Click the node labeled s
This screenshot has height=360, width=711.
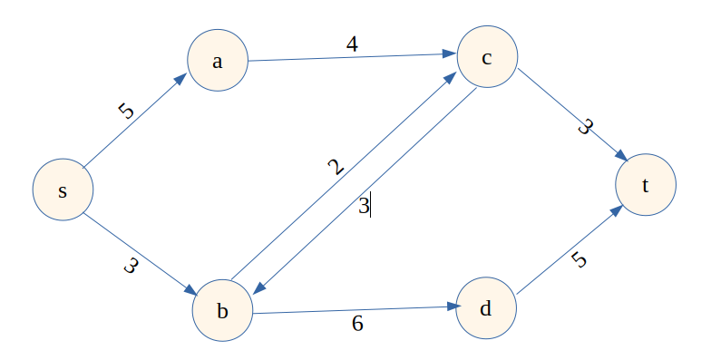click(x=63, y=191)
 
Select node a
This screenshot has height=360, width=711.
click(x=217, y=61)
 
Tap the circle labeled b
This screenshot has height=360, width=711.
click(x=222, y=311)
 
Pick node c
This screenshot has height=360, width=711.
click(x=487, y=58)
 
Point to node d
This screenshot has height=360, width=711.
click(x=486, y=308)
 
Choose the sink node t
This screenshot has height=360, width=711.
click(x=646, y=186)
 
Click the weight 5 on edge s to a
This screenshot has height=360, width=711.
click(x=126, y=112)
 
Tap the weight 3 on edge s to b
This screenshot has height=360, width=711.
click(x=130, y=268)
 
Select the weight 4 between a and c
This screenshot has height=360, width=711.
click(x=351, y=44)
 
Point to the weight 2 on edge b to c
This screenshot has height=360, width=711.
click(x=336, y=167)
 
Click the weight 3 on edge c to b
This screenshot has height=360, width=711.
click(x=363, y=207)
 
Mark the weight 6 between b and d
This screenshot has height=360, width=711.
click(x=357, y=323)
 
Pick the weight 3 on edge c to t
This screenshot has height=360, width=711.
click(x=584, y=128)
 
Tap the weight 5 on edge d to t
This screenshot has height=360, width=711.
click(x=580, y=260)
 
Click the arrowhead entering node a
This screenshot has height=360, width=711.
click(x=180, y=79)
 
